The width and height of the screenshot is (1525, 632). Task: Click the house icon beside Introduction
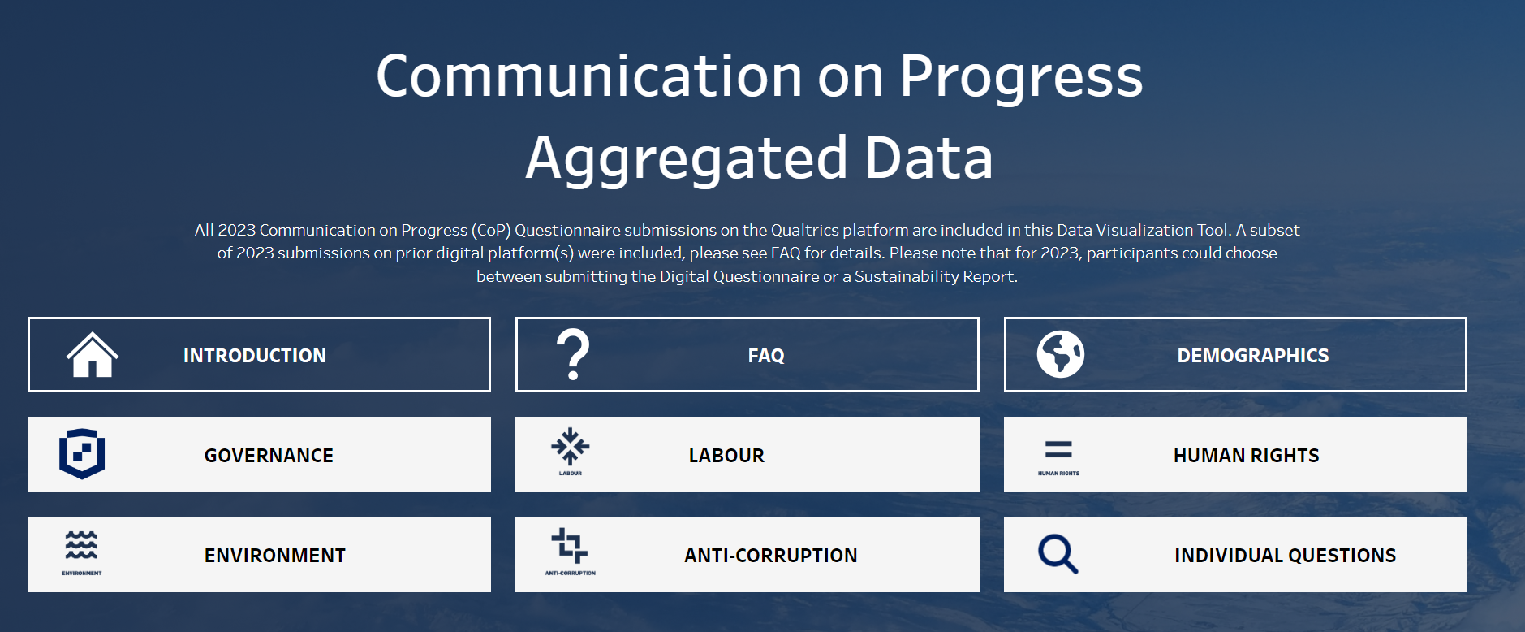[x=93, y=355]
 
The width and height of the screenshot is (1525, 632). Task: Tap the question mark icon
[x=573, y=354]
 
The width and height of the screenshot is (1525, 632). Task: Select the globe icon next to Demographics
[x=1060, y=354]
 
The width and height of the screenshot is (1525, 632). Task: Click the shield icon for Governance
[x=82, y=454]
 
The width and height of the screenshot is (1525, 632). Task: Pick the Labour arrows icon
[x=571, y=446]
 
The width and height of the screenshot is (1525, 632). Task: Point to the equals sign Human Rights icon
[x=1058, y=449]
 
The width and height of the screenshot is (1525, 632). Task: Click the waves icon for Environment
[x=81, y=545]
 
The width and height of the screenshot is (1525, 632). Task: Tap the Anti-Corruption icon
[x=570, y=546]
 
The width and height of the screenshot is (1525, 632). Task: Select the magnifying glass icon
[x=1058, y=554]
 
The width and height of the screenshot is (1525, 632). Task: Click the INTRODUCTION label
[x=255, y=356]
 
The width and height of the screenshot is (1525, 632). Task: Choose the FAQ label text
[x=766, y=356]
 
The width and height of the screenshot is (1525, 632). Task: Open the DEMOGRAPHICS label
[x=1253, y=356]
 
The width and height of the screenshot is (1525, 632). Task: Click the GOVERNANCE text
[x=269, y=456]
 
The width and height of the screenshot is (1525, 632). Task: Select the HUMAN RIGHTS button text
[x=1247, y=456]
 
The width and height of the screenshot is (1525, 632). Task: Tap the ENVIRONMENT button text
[x=275, y=556]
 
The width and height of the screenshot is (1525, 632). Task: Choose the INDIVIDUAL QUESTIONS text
[x=1286, y=556]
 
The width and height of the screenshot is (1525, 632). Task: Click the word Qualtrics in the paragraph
[x=805, y=230]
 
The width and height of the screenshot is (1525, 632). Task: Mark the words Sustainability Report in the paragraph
[x=935, y=276]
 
